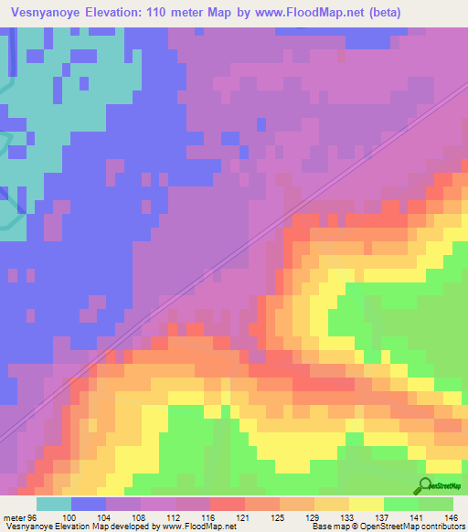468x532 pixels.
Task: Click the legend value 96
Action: click(31, 517)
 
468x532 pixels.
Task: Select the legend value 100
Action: click(90, 517)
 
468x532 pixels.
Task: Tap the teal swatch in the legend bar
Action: click(54, 504)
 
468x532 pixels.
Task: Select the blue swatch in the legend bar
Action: click(89, 504)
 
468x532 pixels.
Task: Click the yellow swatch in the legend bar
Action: click(366, 504)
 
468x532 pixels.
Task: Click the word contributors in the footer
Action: click(441, 527)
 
